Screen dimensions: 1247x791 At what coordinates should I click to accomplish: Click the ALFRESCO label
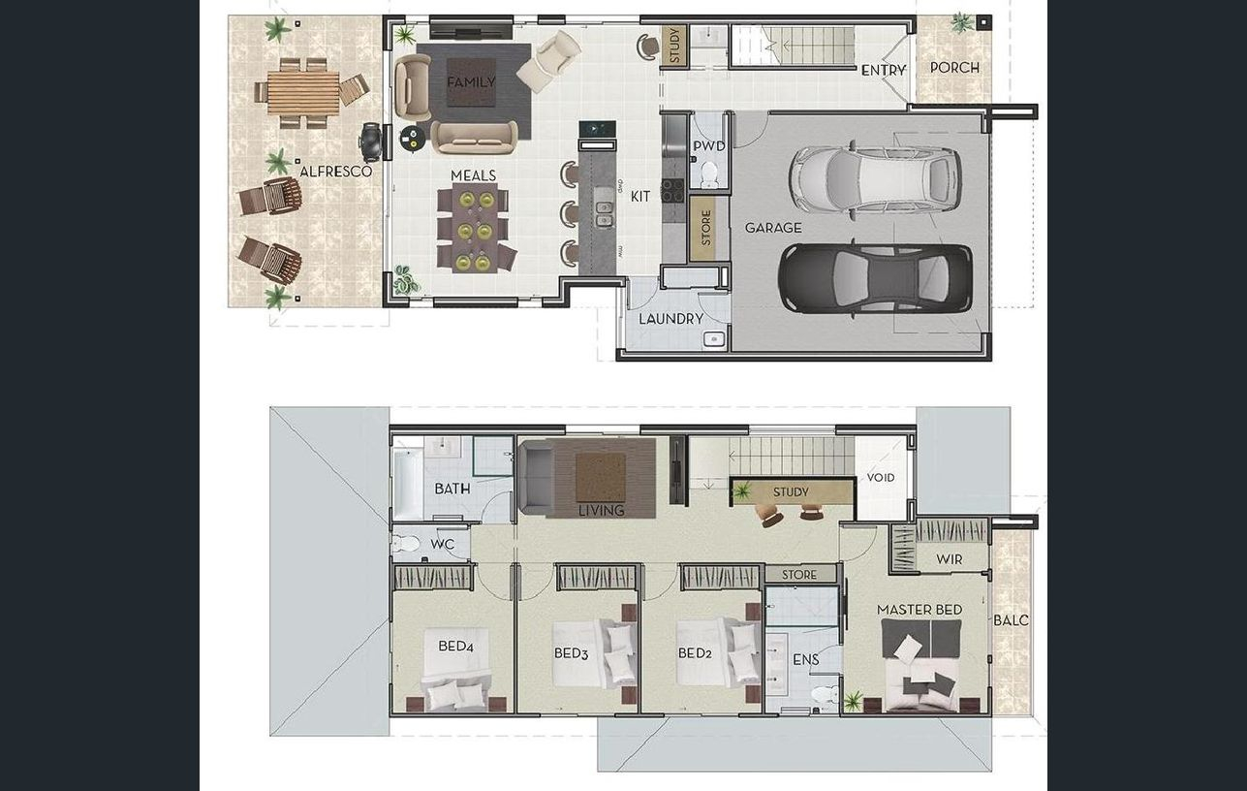(335, 171)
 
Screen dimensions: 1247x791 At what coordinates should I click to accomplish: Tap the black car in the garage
(875, 278)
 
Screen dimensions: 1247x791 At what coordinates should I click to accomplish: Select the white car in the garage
(875, 178)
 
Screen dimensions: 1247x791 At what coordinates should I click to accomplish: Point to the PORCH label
(954, 68)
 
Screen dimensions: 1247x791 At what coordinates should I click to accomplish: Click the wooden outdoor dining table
(303, 92)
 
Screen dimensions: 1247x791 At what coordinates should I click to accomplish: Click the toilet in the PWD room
(709, 174)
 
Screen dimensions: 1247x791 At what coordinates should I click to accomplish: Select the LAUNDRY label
(670, 319)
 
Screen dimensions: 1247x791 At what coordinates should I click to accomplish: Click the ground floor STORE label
(706, 228)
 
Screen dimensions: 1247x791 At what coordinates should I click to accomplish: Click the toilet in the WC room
(406, 543)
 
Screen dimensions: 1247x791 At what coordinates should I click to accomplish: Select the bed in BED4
(456, 670)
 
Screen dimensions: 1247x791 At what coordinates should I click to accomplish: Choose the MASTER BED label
(920, 610)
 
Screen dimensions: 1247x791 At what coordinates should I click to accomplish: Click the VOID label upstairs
(881, 477)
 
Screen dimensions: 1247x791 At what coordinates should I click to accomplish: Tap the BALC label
(1011, 620)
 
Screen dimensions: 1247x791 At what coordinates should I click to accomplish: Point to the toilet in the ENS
(825, 694)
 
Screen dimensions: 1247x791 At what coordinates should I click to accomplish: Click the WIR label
(950, 559)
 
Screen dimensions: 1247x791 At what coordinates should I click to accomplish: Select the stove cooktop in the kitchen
(671, 190)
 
